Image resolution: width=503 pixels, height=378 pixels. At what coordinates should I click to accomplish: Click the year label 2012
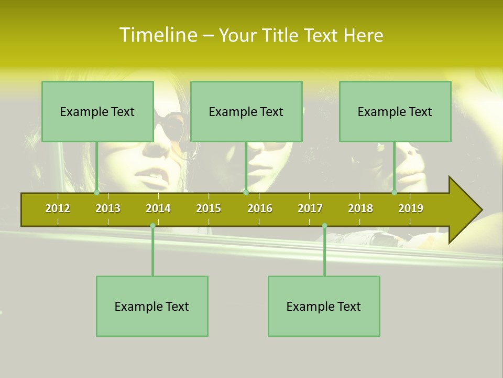pyautogui.click(x=58, y=208)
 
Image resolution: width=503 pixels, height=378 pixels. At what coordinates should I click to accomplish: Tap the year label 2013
pyautogui.click(x=108, y=208)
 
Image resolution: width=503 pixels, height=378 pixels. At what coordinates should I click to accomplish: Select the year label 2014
pyautogui.click(x=158, y=208)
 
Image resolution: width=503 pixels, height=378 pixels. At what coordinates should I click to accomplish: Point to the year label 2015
pyautogui.click(x=209, y=208)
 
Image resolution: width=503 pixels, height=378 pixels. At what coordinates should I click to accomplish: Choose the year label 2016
pyautogui.click(x=260, y=208)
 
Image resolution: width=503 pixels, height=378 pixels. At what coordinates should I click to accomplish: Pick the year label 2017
pyautogui.click(x=310, y=208)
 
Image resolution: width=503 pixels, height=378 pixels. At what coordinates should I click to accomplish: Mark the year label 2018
pyautogui.click(x=360, y=208)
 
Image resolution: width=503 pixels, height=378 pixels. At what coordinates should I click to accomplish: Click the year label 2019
pyautogui.click(x=411, y=208)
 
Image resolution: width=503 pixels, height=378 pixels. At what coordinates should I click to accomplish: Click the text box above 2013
pyautogui.click(x=97, y=111)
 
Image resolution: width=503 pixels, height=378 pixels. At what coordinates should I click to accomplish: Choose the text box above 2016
pyautogui.click(x=246, y=111)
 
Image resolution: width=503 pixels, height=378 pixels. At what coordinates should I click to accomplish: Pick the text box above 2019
pyautogui.click(x=395, y=111)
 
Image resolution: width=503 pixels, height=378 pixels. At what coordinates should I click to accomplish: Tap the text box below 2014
pyautogui.click(x=152, y=306)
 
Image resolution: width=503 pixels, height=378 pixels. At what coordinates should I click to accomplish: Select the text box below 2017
pyautogui.click(x=324, y=306)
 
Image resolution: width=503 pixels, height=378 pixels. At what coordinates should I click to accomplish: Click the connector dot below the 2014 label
pyautogui.click(x=152, y=226)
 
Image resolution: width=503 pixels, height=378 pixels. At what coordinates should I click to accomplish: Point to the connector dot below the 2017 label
pyautogui.click(x=324, y=226)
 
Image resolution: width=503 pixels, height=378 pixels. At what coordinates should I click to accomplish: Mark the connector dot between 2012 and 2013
pyautogui.click(x=96, y=192)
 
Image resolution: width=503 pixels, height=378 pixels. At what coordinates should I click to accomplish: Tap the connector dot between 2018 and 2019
pyautogui.click(x=394, y=192)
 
